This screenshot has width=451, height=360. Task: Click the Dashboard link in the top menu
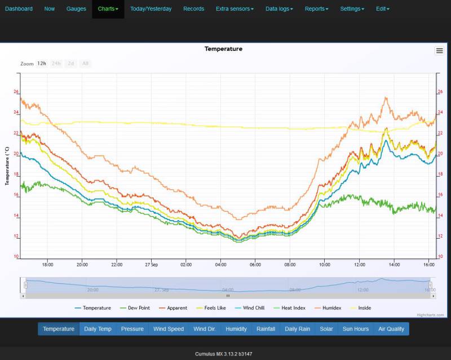(19, 9)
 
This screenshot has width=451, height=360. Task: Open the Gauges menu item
(76, 9)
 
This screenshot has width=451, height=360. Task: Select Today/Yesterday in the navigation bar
(151, 9)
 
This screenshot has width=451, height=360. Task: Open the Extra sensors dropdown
(235, 9)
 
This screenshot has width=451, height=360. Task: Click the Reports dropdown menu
(316, 9)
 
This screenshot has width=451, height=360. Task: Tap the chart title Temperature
(223, 49)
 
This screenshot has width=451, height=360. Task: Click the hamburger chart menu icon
(439, 51)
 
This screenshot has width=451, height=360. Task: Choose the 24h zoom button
(56, 64)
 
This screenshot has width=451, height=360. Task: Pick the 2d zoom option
(71, 64)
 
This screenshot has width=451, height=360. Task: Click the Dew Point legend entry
(136, 308)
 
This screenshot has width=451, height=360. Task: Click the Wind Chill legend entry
(252, 308)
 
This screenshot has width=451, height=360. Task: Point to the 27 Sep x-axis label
(151, 264)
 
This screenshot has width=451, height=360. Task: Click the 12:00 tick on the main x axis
(359, 264)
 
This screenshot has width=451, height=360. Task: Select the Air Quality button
(391, 329)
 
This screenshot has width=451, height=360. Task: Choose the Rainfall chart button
(266, 329)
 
